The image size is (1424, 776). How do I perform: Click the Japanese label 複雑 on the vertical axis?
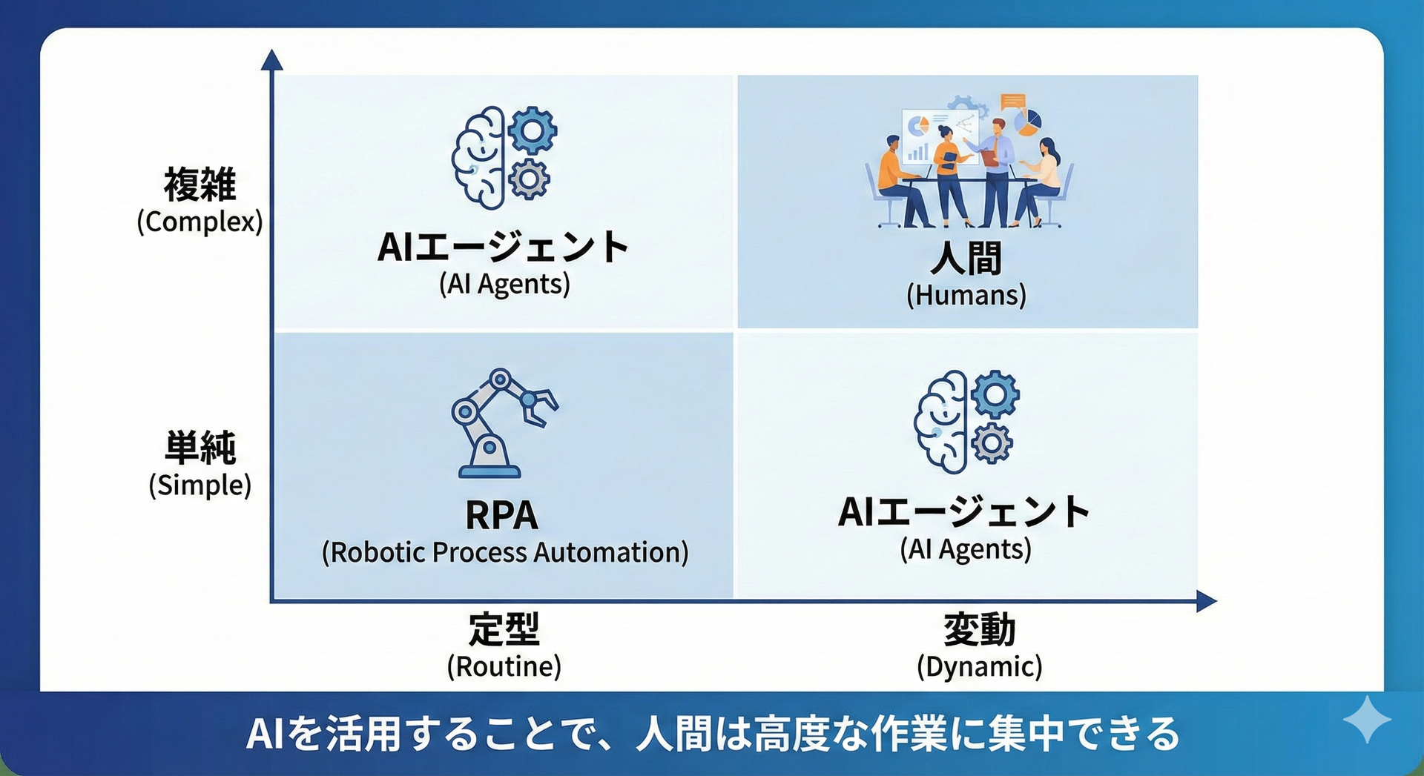pyautogui.click(x=200, y=184)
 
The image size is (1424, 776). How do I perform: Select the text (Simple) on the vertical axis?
pyautogui.click(x=200, y=485)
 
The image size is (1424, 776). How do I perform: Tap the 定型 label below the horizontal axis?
pyautogui.click(x=504, y=629)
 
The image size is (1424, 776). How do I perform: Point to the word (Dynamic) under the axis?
pyautogui.click(x=980, y=666)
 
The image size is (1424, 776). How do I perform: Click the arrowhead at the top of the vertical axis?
pyautogui.click(x=272, y=59)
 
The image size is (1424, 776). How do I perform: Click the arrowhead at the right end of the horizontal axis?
pyautogui.click(x=1207, y=601)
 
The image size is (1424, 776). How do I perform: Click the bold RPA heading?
pyautogui.click(x=501, y=515)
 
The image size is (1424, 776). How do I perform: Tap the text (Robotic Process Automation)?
pyautogui.click(x=505, y=552)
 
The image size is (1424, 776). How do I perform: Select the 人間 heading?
pyautogui.click(x=966, y=258)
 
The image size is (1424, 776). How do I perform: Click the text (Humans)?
pyautogui.click(x=966, y=295)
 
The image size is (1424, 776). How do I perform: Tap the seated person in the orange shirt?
pyautogui.click(x=899, y=183)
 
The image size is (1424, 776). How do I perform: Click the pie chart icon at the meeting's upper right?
pyautogui.click(x=1027, y=122)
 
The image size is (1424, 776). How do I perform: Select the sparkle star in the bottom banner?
pyautogui.click(x=1367, y=719)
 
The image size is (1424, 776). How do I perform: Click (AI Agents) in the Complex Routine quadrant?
pyautogui.click(x=504, y=284)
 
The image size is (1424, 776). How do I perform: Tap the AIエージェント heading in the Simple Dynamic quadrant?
pyautogui.click(x=964, y=512)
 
